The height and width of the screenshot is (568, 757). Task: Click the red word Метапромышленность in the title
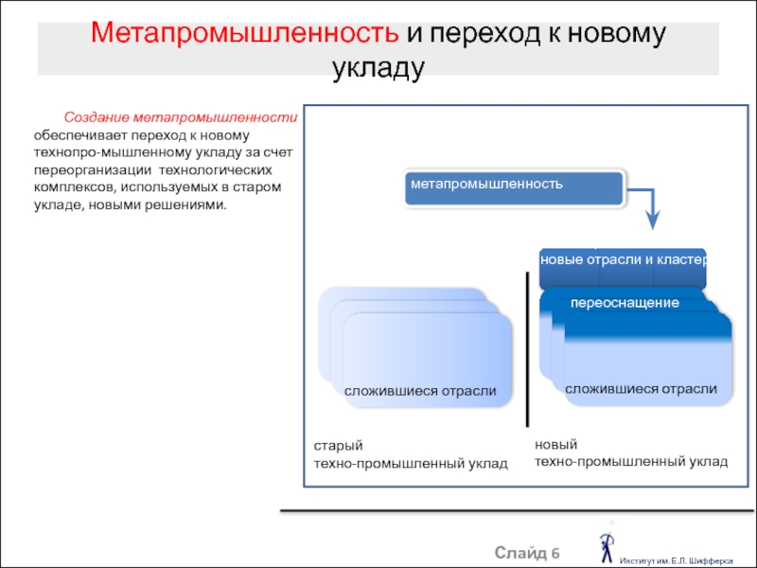pyautogui.click(x=244, y=34)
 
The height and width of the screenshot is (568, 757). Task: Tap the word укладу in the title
pyautogui.click(x=378, y=68)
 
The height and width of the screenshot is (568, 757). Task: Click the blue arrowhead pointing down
pyautogui.click(x=653, y=220)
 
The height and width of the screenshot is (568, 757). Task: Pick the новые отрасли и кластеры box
pyautogui.click(x=623, y=266)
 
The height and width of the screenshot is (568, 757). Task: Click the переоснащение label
pyautogui.click(x=625, y=303)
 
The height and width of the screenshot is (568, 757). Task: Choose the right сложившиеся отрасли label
pyautogui.click(x=641, y=389)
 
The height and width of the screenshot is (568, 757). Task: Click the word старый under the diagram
pyautogui.click(x=338, y=446)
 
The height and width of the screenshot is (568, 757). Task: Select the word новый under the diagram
pyautogui.click(x=555, y=444)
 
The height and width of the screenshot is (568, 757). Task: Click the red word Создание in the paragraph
pyautogui.click(x=97, y=117)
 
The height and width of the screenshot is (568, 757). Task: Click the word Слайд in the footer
pyautogui.click(x=519, y=553)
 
